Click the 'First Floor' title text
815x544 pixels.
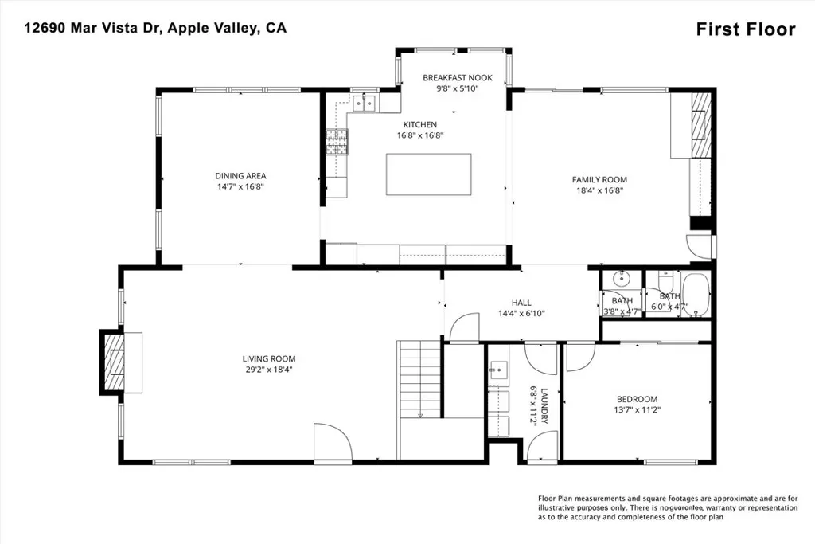(745, 29)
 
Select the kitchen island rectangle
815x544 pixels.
(428, 174)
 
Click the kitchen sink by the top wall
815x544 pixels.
(365, 102)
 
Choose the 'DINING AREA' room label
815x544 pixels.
(240, 176)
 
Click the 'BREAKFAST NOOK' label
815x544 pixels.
(458, 78)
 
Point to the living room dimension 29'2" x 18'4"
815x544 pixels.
(269, 370)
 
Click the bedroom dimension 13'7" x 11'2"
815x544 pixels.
(638, 410)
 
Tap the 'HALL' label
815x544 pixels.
(521, 303)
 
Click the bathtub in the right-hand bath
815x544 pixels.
(695, 295)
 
